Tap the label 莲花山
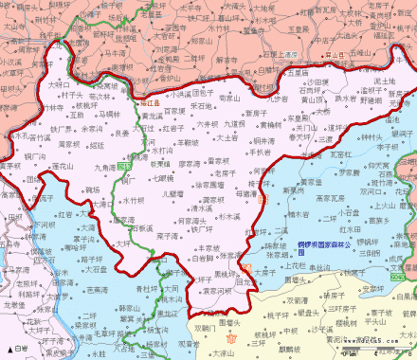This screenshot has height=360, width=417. (63, 167)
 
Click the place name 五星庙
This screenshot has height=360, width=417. (299, 72)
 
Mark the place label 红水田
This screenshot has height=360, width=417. (350, 229)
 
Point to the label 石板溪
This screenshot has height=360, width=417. (143, 228)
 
